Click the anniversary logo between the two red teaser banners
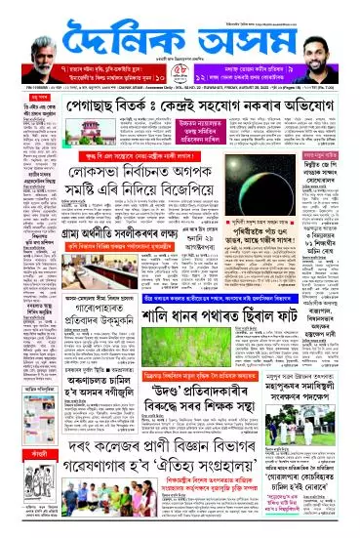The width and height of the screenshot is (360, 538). [180, 99]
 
